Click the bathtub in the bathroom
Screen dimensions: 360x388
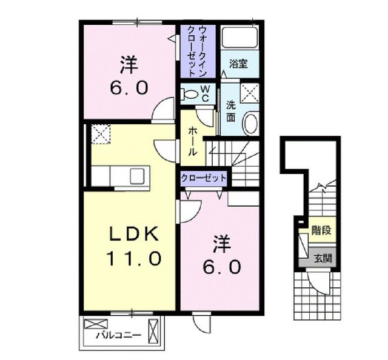239,38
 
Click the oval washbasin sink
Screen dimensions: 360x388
249,124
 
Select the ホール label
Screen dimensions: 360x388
192,141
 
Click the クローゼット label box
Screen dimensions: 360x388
204,178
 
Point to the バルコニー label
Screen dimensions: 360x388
118,335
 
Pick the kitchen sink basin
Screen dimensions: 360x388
136,176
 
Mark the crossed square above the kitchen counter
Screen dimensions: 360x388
99,133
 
